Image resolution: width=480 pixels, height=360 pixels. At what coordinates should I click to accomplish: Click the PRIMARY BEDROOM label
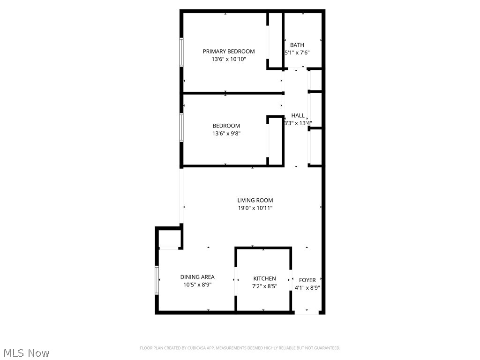tap(229, 51)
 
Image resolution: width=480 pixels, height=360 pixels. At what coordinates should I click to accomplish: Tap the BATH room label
tap(297, 45)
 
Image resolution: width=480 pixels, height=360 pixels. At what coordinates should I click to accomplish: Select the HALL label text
tap(298, 115)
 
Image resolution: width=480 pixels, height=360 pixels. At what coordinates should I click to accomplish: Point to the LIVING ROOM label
tap(255, 200)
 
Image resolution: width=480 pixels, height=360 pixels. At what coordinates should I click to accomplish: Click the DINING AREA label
tap(197, 277)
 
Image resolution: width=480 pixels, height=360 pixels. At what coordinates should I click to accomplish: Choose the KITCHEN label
tap(265, 278)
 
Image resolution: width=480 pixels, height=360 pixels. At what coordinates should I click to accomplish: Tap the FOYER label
tap(307, 280)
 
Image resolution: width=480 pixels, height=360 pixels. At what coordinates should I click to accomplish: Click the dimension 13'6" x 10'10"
tap(229, 59)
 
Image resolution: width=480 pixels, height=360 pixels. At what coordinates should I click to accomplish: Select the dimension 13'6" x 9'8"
tap(226, 134)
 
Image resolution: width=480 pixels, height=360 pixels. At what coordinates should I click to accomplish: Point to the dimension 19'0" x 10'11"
tap(255, 208)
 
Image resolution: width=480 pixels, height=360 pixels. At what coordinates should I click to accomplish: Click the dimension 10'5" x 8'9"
tap(197, 285)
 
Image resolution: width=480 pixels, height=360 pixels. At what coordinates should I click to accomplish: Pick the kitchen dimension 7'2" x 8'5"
tap(265, 286)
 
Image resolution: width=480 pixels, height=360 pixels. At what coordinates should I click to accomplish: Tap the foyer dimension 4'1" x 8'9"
tap(307, 288)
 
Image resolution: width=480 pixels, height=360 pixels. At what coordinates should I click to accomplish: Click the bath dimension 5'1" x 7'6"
tap(297, 52)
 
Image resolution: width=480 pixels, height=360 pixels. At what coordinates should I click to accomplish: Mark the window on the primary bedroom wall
tap(181, 52)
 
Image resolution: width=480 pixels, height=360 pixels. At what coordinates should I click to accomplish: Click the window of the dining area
tap(157, 280)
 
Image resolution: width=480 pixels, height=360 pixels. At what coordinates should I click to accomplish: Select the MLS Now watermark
tap(26, 352)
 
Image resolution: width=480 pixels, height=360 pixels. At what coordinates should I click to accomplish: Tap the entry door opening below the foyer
tap(308, 312)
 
